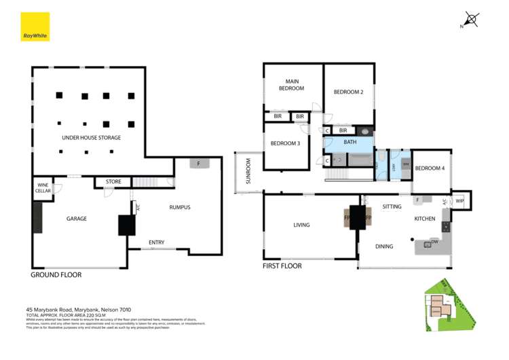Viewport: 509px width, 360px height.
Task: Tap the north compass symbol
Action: (x=471, y=20)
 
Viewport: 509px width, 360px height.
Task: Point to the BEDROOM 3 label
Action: (x=285, y=143)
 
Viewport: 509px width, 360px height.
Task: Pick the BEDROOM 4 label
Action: (x=430, y=168)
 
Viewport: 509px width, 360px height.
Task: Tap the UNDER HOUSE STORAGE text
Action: (x=91, y=138)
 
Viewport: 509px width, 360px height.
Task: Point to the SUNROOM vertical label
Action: (x=248, y=172)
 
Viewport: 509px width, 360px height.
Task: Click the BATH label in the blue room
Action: (x=350, y=142)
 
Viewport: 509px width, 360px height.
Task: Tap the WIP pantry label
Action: (x=459, y=200)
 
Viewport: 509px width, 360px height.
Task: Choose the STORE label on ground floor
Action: (x=113, y=181)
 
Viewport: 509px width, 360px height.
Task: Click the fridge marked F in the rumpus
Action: (x=199, y=164)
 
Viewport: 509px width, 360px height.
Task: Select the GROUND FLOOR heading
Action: (x=56, y=275)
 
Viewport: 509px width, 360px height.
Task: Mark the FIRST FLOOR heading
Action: (x=282, y=266)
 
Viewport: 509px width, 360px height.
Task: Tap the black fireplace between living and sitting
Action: (x=358, y=218)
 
